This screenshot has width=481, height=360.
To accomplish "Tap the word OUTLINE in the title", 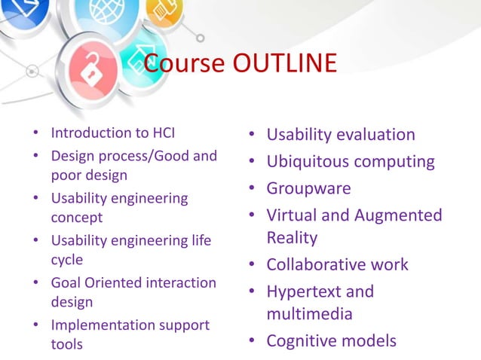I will coord(283,64).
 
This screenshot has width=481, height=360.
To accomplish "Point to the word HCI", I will coord(161,133).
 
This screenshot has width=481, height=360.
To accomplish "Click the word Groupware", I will coord(308,188).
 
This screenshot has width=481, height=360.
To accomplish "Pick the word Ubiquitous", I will coord(306,162).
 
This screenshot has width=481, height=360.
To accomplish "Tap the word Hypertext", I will coord(304,291).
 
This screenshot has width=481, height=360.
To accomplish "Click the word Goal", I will coord(66,283).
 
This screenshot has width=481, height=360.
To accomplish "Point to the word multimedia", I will coord(309,313).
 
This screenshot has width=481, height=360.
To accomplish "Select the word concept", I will coord(76,218).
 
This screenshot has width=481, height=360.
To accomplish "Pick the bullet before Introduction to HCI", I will coord(37,133).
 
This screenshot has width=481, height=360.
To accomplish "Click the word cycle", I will coord(67,260).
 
